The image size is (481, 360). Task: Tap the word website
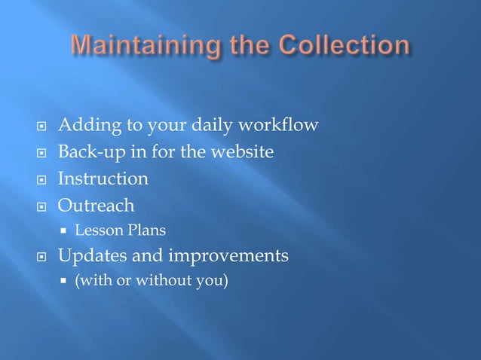[240, 152]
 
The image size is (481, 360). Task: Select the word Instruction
[103, 179]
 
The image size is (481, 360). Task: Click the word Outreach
[97, 206]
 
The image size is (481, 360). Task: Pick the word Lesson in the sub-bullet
[94, 230]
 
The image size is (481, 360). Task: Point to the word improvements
[228, 256]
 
